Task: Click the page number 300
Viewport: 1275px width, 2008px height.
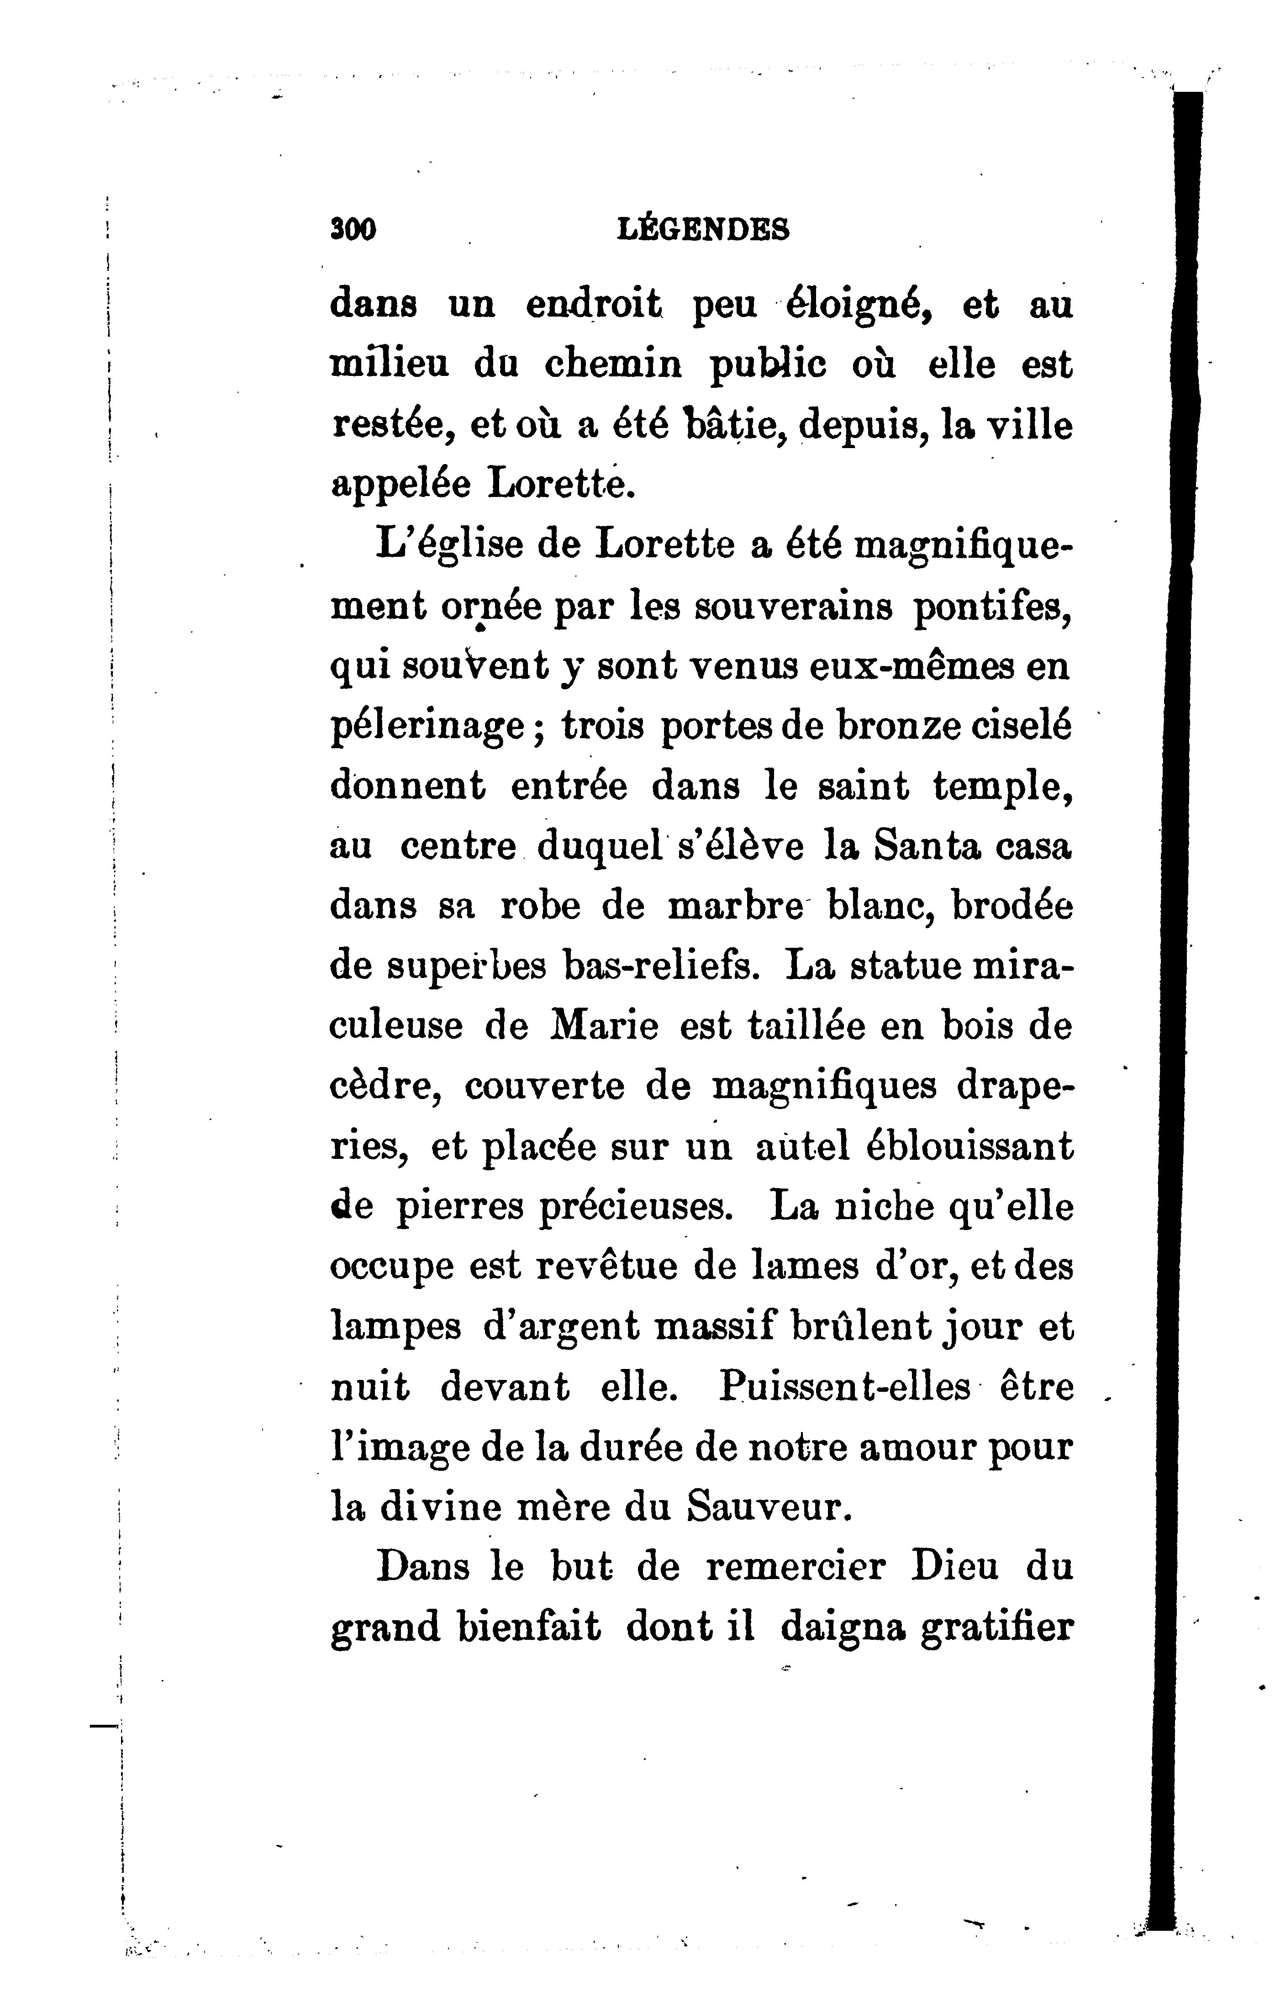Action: pos(353,229)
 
